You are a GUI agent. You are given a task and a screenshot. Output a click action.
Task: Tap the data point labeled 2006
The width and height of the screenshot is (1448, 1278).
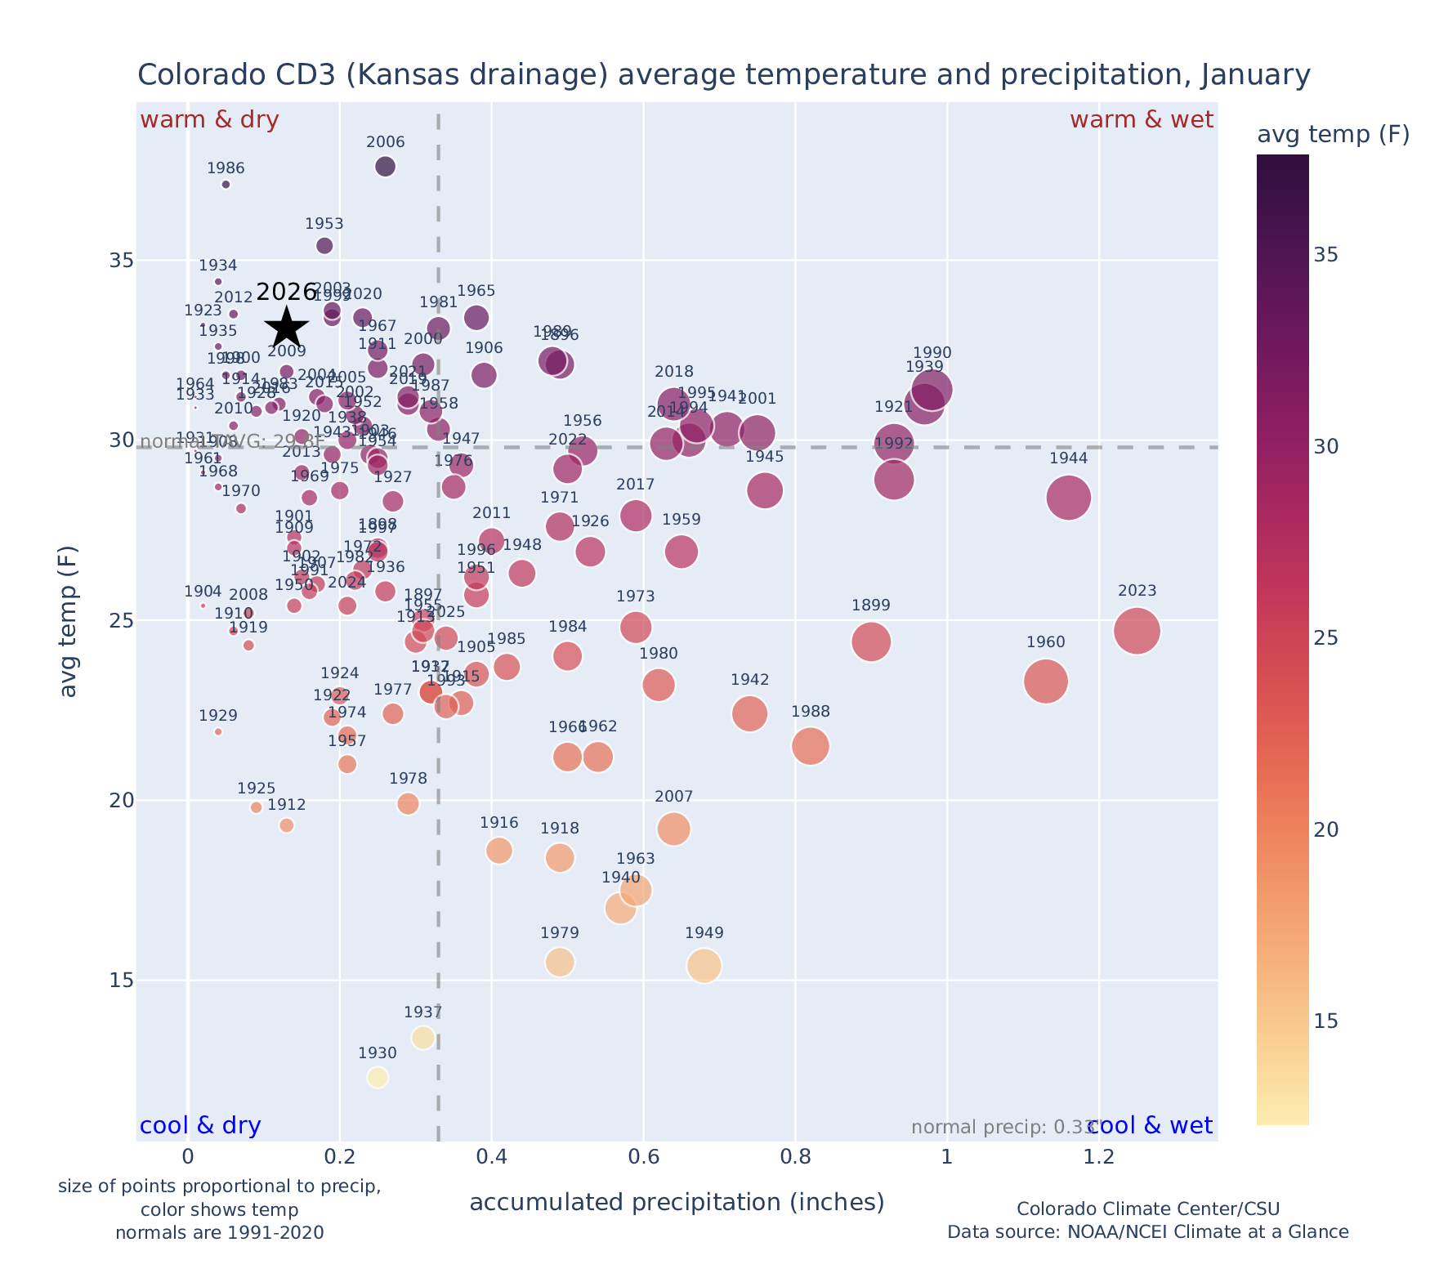coord(385,167)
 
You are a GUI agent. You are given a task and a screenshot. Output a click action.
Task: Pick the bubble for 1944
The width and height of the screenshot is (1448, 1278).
coord(1068,498)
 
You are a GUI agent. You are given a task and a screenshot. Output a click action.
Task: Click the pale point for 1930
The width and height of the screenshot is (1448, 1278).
coord(378,1078)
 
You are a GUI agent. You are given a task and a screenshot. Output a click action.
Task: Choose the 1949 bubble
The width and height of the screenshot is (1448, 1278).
coord(704,966)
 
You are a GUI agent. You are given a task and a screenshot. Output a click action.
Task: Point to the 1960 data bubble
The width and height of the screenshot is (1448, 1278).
coord(1045,681)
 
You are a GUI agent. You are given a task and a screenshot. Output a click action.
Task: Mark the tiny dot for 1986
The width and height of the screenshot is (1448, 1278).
coord(226,185)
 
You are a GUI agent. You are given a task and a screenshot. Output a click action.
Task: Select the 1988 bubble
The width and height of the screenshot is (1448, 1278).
coord(811,746)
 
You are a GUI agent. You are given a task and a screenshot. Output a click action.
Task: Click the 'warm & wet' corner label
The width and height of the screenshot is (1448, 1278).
coord(1142,120)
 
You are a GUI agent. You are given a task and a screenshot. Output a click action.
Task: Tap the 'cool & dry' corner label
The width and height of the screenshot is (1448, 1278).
coord(200,1126)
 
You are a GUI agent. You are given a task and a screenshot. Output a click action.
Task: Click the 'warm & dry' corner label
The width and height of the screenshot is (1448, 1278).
coord(209,120)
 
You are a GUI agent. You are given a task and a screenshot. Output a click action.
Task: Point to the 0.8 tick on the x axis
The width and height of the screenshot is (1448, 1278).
coord(795,1157)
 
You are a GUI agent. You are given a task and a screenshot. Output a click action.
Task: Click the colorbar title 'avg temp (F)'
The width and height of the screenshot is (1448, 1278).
coord(1333,135)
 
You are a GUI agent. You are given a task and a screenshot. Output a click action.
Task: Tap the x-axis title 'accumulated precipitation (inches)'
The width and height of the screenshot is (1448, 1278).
coord(677,1202)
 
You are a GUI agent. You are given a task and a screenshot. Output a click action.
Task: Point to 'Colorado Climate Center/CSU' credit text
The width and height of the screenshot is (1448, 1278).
coord(1147,1209)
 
